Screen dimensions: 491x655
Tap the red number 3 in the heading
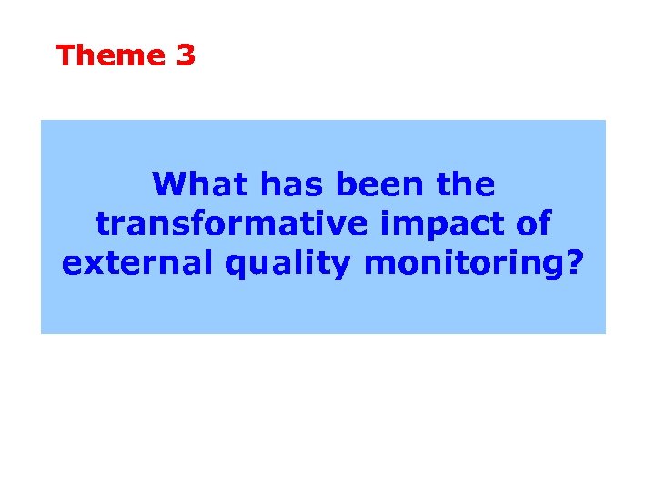pos(186,55)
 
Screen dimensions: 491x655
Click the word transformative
pos(217,224)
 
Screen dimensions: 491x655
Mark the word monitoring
pos(464,265)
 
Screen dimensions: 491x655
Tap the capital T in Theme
pos(65,55)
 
